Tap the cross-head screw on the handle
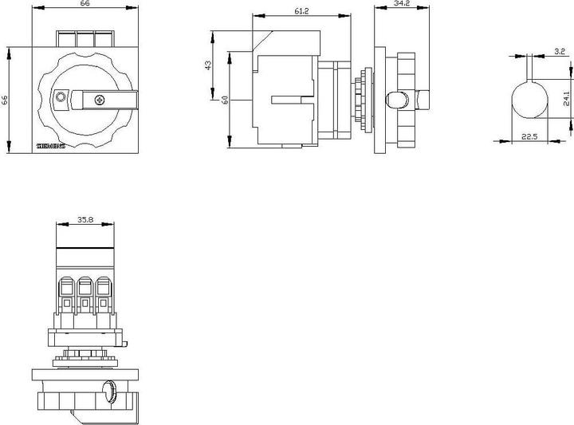[x=100, y=99]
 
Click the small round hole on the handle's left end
[x=60, y=97]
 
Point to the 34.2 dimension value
[x=402, y=5]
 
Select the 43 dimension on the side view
[x=209, y=65]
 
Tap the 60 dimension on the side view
[x=226, y=100]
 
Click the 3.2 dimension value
[x=559, y=51]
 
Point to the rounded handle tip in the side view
[x=393, y=100]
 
